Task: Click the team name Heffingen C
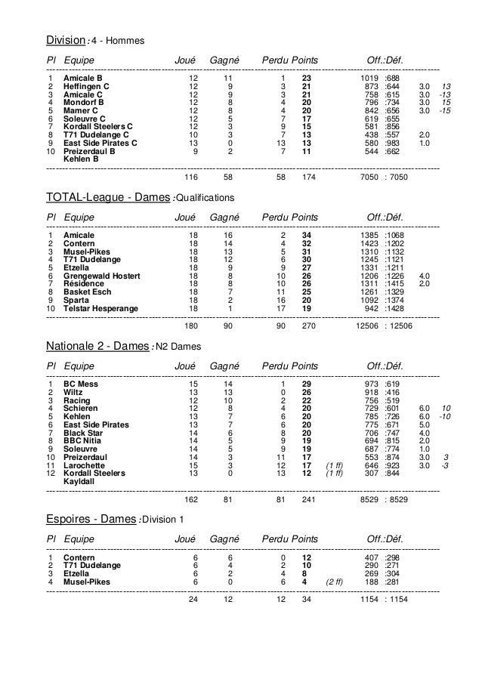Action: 86,86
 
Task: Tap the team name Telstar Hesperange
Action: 100,308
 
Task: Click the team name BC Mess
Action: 81,384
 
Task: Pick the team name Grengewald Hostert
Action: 101,276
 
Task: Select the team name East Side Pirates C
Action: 100,143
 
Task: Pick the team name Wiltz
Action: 74,392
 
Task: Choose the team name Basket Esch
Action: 87,292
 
